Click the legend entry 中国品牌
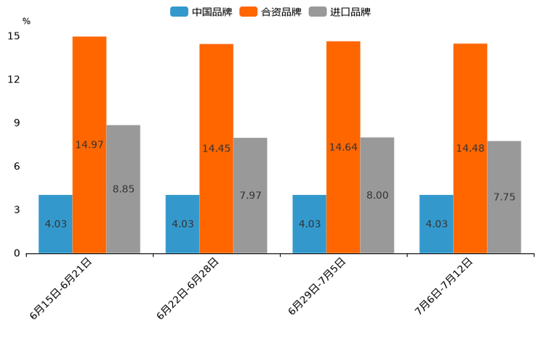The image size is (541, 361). (199, 12)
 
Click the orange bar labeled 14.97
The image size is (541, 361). (89, 145)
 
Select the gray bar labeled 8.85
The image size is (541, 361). (123, 189)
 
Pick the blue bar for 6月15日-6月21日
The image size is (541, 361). (55, 224)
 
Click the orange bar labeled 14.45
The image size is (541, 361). (216, 148)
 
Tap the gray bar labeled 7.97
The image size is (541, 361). (250, 196)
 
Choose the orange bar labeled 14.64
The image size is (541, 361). (343, 147)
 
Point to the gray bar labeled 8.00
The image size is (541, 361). (377, 195)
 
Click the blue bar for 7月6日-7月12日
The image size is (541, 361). (436, 224)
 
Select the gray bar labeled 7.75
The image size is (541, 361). (504, 197)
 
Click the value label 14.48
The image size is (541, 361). (470, 148)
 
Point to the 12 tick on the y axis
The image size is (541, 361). (15, 79)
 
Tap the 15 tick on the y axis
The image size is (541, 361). (15, 36)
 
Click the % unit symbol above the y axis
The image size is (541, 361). (26, 21)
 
